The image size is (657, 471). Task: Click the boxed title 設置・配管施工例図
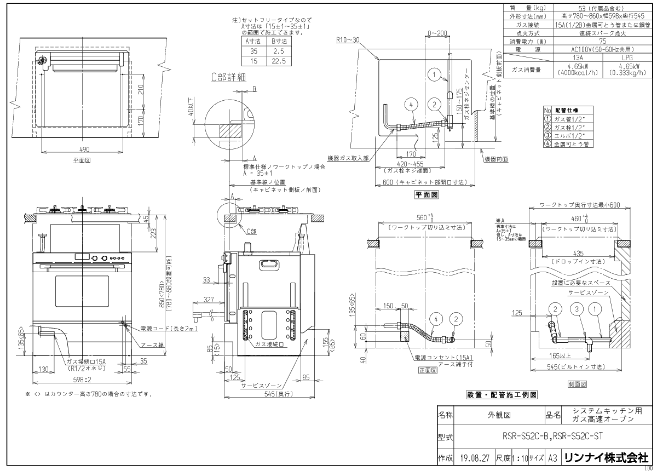[x=500, y=394]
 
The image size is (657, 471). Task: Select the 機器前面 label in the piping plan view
[x=497, y=158]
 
